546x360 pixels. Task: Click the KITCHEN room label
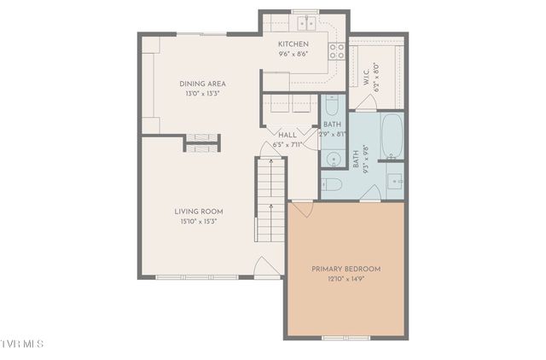point(293,44)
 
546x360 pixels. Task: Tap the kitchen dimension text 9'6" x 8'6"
point(293,54)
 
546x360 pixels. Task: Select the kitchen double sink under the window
point(303,22)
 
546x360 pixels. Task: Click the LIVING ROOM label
point(199,212)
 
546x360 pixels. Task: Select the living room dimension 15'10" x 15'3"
point(199,222)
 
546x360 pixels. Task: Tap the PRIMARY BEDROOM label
point(346,269)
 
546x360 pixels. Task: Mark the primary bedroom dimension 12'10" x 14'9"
point(346,279)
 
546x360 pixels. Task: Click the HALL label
point(288,135)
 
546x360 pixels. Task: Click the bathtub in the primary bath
point(392,136)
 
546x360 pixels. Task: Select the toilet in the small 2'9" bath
point(332,106)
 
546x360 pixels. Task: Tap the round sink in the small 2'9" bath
point(331,159)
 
